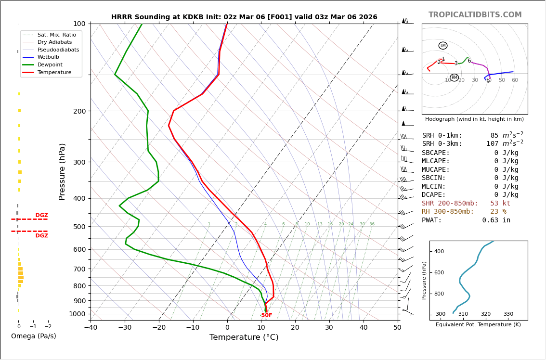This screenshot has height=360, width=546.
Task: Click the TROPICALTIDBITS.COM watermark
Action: coord(475,15)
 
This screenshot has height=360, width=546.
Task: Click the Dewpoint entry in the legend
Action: coord(50,64)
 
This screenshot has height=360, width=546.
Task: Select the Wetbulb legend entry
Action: coord(48,57)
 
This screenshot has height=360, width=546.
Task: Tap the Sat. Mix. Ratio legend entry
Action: coord(56,35)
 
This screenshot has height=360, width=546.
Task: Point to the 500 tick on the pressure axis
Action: coord(79,227)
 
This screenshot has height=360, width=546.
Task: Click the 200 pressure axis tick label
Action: coord(79,111)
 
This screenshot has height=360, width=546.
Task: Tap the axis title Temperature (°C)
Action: coord(244,337)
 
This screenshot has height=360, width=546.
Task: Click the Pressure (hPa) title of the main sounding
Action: coord(62,171)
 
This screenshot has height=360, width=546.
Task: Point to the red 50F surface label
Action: coord(266,315)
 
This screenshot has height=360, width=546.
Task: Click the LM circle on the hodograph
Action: coord(443,46)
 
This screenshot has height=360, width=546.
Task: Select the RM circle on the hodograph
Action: coord(454,77)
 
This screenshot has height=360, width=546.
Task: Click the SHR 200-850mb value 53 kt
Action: coord(500,204)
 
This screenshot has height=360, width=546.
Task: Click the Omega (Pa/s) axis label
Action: coord(33,336)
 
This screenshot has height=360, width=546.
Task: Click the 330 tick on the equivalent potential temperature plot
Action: coord(508,314)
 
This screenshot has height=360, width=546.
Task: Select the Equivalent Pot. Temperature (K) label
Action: coord(474,325)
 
